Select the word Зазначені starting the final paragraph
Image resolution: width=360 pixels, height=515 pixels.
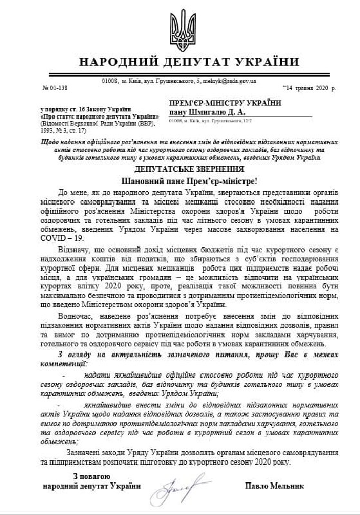[x=77, y=453]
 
